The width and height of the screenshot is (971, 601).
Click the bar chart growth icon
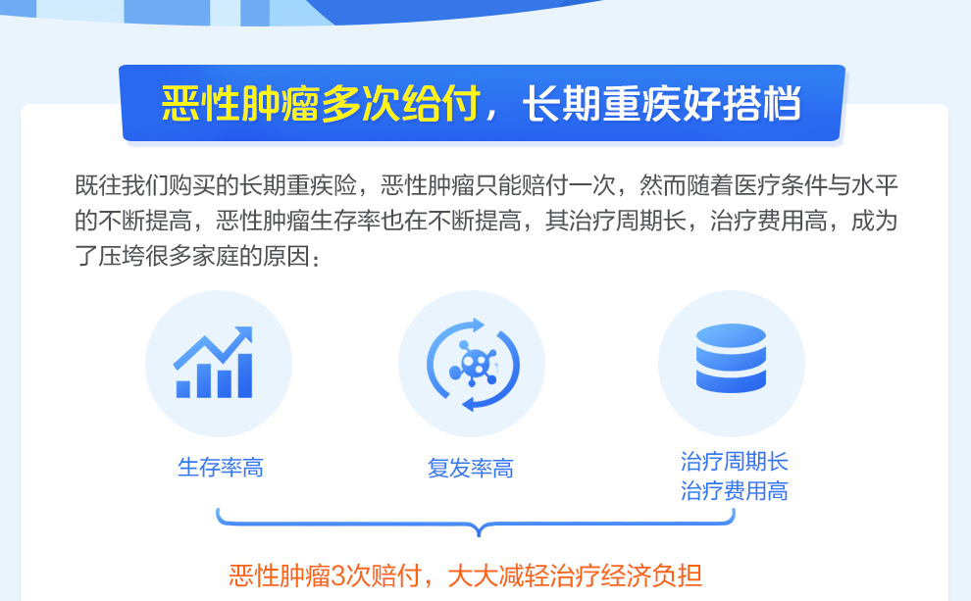[217, 363]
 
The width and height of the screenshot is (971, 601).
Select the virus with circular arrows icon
[473, 364]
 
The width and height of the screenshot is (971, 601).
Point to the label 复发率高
[471, 469]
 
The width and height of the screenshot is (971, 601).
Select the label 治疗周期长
[735, 462]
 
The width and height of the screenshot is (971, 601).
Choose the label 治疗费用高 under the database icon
[735, 491]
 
